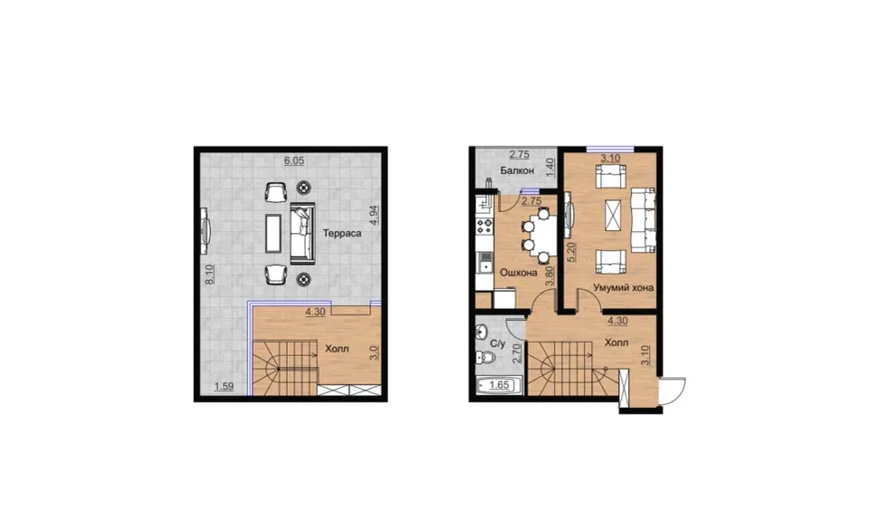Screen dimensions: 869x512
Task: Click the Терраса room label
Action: click(342, 234)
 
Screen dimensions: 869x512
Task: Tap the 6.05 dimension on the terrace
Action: click(293, 160)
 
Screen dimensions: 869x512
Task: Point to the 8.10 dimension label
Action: click(209, 275)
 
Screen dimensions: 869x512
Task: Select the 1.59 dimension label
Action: click(224, 387)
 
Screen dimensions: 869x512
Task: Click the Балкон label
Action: click(517, 170)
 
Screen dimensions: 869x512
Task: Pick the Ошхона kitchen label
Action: click(519, 273)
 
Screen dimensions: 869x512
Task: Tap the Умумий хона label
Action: click(623, 287)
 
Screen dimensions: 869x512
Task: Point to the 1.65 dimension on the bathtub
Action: click(499, 385)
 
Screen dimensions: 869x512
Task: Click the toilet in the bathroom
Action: click(485, 357)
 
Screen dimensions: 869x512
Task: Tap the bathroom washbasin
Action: click(481, 332)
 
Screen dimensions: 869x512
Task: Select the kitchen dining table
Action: click(545, 235)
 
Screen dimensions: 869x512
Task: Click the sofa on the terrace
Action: click(302, 233)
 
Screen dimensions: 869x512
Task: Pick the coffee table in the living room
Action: click(612, 216)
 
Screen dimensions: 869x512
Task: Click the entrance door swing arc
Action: click(681, 387)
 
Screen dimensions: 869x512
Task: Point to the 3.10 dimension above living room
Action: click(610, 158)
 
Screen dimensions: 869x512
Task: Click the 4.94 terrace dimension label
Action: click(374, 215)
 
